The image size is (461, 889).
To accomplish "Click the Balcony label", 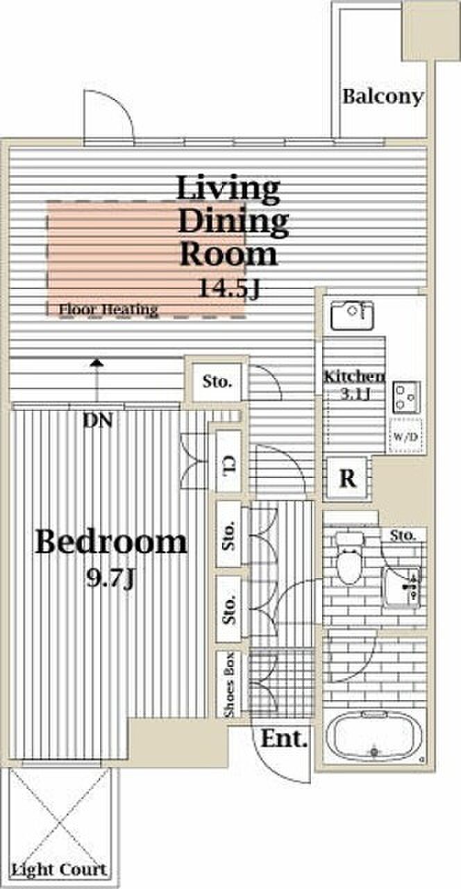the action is click(383, 97).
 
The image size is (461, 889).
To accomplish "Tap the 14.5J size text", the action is click(229, 288).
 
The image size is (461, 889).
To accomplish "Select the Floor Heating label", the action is click(108, 309).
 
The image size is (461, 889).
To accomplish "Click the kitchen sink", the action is click(352, 316).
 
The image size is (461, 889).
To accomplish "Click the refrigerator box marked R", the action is click(347, 479).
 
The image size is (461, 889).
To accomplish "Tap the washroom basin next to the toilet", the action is click(401, 587).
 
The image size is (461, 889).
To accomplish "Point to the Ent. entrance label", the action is click(284, 738).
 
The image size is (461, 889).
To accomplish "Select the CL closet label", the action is click(229, 466).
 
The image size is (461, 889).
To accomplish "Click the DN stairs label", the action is click(98, 420).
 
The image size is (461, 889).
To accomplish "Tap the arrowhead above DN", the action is click(97, 363).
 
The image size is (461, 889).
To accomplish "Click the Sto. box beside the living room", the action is click(217, 382).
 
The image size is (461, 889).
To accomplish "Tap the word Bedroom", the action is click(110, 542).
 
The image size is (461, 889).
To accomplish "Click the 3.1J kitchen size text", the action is click(355, 394).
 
